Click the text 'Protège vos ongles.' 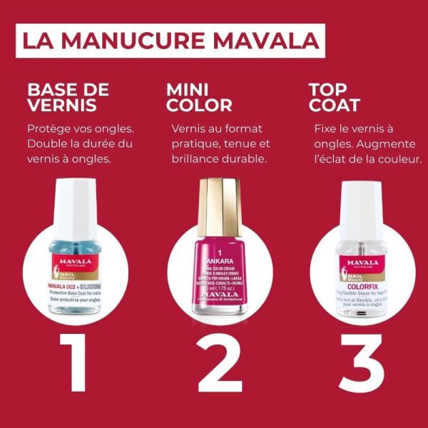tap(80, 129)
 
